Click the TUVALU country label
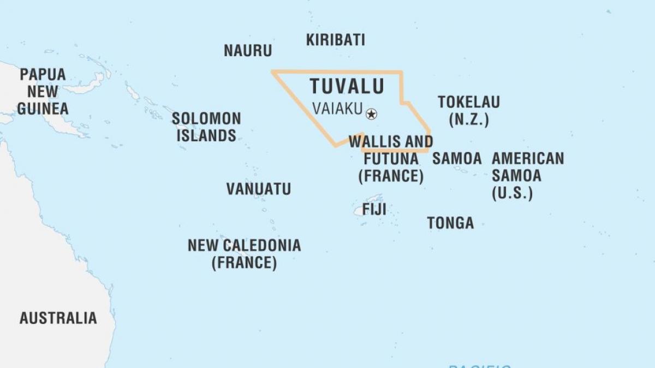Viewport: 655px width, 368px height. (347, 86)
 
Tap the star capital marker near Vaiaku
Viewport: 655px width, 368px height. (372, 114)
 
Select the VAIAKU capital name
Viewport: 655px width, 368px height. (337, 109)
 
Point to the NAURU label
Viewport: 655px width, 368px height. (248, 51)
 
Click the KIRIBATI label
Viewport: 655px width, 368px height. (335, 40)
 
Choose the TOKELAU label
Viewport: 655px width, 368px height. (469, 102)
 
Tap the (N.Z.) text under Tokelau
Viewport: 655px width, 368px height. (468, 120)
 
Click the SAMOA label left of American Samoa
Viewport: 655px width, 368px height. (457, 159)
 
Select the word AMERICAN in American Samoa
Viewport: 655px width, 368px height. (528, 159)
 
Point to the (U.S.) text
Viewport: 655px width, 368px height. (512, 193)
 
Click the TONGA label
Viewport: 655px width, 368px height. (450, 223)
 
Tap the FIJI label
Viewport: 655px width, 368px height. (374, 209)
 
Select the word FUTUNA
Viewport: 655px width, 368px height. (391, 159)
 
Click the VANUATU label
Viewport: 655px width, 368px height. (259, 189)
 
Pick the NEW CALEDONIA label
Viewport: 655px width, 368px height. (244, 245)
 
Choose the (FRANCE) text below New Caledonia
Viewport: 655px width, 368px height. (244, 263)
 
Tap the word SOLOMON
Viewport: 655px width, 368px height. (206, 118)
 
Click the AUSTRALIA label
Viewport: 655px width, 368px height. (58, 318)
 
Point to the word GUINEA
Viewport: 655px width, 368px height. (43, 108)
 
